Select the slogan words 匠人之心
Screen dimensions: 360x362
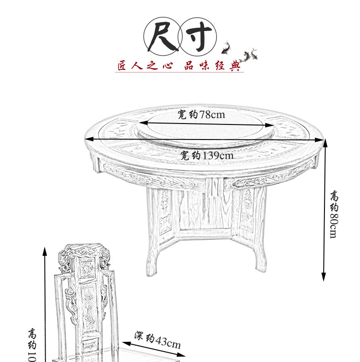144,66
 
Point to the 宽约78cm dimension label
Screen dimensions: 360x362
201,115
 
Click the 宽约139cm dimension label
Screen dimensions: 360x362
206,155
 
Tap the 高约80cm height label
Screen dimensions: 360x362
334,214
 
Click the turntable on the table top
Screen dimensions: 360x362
205,128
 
